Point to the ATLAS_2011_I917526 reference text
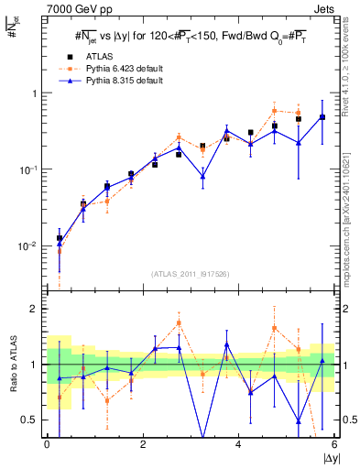(191, 273)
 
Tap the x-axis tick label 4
(238, 445)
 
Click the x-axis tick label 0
(47, 445)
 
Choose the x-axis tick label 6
(333, 445)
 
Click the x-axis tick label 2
(143, 445)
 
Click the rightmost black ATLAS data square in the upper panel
(322, 117)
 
